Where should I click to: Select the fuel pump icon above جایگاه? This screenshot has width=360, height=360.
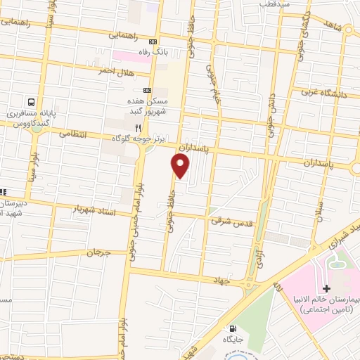coord(232,328)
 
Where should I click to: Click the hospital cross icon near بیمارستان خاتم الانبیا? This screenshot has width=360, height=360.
coord(326,288)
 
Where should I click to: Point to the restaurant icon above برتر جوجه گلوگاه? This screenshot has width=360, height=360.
coord(139,128)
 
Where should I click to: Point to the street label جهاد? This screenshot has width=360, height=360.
coord(224,280)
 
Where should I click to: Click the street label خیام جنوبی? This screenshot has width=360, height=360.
coord(210,79)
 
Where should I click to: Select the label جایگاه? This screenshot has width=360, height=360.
coord(233,339)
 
